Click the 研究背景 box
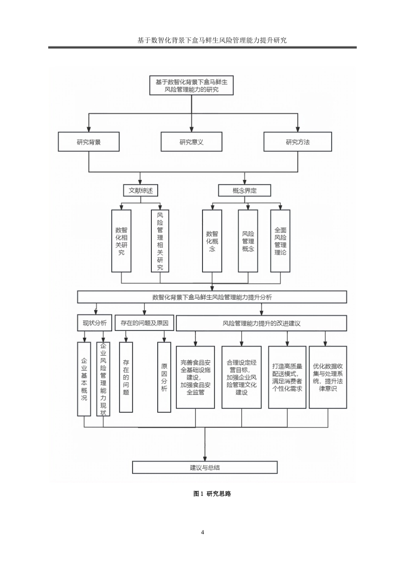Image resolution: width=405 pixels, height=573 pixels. (89, 142)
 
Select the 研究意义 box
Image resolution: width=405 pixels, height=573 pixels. (191, 142)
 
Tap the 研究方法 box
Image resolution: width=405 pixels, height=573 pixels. (298, 142)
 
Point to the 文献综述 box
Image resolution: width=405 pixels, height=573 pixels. (141, 191)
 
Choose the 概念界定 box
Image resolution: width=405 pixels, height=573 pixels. (245, 191)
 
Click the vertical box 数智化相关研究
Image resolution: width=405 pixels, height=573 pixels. (121, 241)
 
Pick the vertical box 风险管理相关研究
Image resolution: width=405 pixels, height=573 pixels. (160, 241)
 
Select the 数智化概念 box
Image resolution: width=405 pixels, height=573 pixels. (212, 241)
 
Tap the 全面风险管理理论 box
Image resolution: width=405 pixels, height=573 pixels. (280, 241)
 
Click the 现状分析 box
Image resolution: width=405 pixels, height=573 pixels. (95, 323)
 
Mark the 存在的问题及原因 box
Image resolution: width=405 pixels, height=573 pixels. (144, 323)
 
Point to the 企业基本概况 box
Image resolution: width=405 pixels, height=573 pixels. (84, 379)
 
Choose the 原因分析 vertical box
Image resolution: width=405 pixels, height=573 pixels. (164, 377)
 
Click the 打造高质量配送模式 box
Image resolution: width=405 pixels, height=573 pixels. (287, 377)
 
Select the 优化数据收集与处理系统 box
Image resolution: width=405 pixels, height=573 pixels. (327, 377)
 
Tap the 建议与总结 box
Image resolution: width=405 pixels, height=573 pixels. (205, 467)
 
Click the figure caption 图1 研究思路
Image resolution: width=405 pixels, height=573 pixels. (212, 494)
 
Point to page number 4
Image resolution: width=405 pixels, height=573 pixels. (202, 532)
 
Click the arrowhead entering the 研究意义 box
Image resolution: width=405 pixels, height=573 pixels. (191, 129)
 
